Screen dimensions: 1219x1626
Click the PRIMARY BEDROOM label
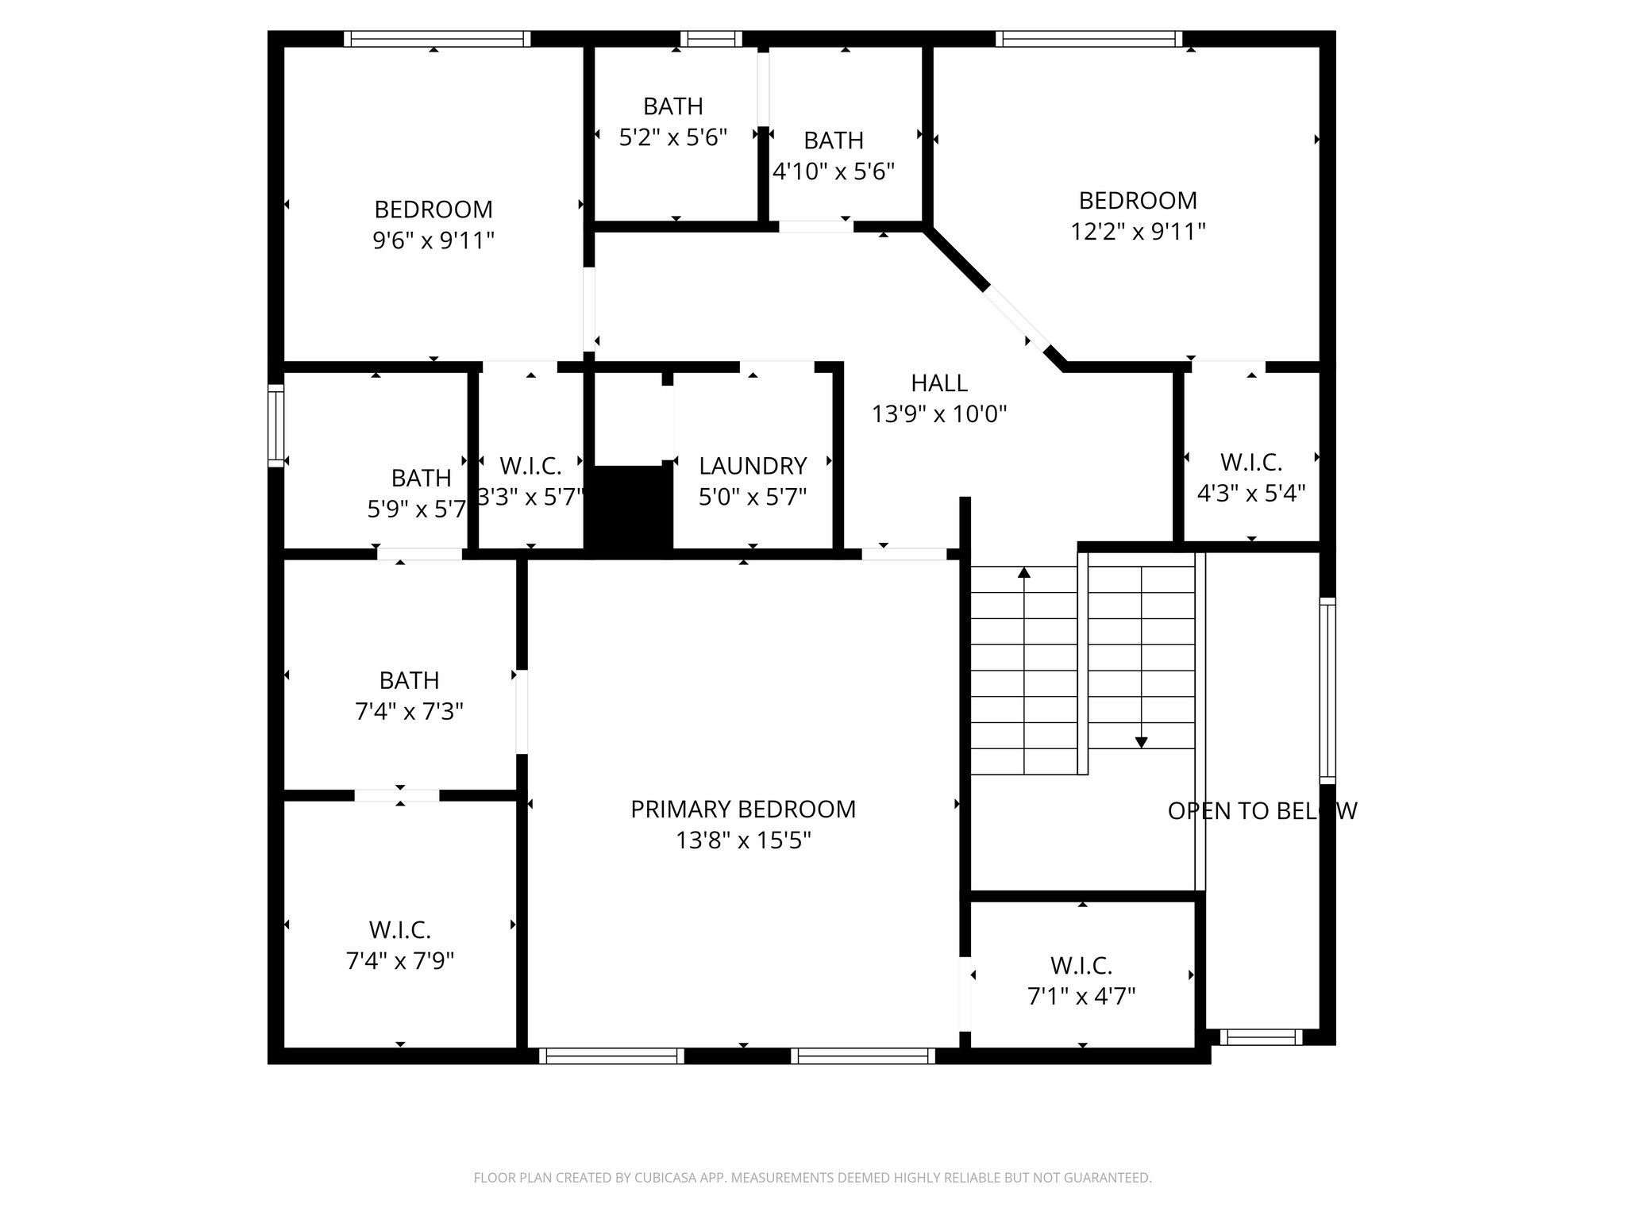click(743, 809)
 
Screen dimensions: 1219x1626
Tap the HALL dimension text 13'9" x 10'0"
click(939, 414)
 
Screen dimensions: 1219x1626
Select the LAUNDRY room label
click(753, 466)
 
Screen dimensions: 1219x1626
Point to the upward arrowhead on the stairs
click(1024, 572)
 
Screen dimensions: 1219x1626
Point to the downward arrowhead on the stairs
click(1141, 742)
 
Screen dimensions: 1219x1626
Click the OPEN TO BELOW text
click(1262, 811)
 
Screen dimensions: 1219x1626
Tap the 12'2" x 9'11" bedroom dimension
click(1138, 232)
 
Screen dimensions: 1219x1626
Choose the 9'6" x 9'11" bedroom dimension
click(433, 240)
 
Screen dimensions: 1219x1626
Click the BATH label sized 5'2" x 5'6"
click(673, 106)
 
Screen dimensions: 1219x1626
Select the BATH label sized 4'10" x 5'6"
click(834, 140)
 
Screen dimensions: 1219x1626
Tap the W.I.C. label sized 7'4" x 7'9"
click(399, 929)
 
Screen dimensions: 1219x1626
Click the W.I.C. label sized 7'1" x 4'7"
click(1081, 966)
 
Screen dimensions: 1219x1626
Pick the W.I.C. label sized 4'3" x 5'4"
click(1250, 462)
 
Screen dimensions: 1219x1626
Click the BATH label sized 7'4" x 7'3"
click(409, 681)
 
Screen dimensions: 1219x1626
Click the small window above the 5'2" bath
click(711, 39)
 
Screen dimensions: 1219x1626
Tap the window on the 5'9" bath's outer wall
click(275, 425)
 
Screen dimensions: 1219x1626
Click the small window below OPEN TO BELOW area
click(1260, 1036)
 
